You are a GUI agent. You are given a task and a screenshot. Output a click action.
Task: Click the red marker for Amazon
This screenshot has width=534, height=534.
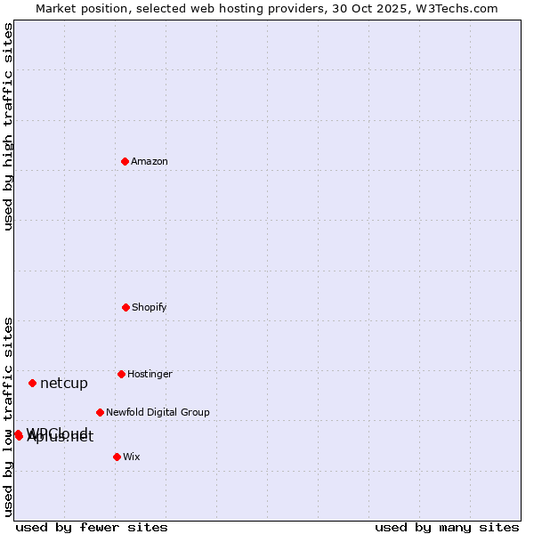click(x=125, y=161)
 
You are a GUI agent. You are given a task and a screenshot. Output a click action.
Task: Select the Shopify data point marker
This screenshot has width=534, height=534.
click(x=125, y=307)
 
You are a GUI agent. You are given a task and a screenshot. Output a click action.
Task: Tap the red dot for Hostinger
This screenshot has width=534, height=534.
click(x=121, y=374)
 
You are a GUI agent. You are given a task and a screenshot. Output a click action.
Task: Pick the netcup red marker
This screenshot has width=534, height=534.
click(x=32, y=383)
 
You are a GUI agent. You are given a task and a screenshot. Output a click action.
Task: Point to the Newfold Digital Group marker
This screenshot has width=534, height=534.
click(x=100, y=412)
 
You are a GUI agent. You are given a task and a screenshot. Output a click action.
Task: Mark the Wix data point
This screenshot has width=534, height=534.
click(x=117, y=457)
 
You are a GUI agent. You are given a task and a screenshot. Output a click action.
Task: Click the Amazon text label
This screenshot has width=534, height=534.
click(x=150, y=161)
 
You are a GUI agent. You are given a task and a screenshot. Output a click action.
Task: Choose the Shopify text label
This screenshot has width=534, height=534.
click(x=150, y=307)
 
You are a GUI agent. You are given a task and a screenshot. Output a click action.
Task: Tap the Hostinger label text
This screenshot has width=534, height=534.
click(x=150, y=374)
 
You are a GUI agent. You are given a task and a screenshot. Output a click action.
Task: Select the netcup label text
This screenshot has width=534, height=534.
click(x=64, y=384)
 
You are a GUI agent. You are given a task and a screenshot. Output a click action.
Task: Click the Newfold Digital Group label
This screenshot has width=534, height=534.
click(x=158, y=412)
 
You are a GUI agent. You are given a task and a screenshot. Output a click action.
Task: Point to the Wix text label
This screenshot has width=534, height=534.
click(x=132, y=457)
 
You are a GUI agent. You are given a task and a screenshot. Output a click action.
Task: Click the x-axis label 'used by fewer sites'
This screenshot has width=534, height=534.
click(x=92, y=527)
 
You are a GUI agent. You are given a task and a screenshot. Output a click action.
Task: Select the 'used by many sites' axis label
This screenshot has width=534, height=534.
click(x=447, y=527)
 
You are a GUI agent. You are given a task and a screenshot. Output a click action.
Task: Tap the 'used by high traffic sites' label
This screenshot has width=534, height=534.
click(x=8, y=126)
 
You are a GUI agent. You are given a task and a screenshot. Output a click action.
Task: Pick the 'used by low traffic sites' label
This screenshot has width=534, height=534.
click(x=8, y=416)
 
